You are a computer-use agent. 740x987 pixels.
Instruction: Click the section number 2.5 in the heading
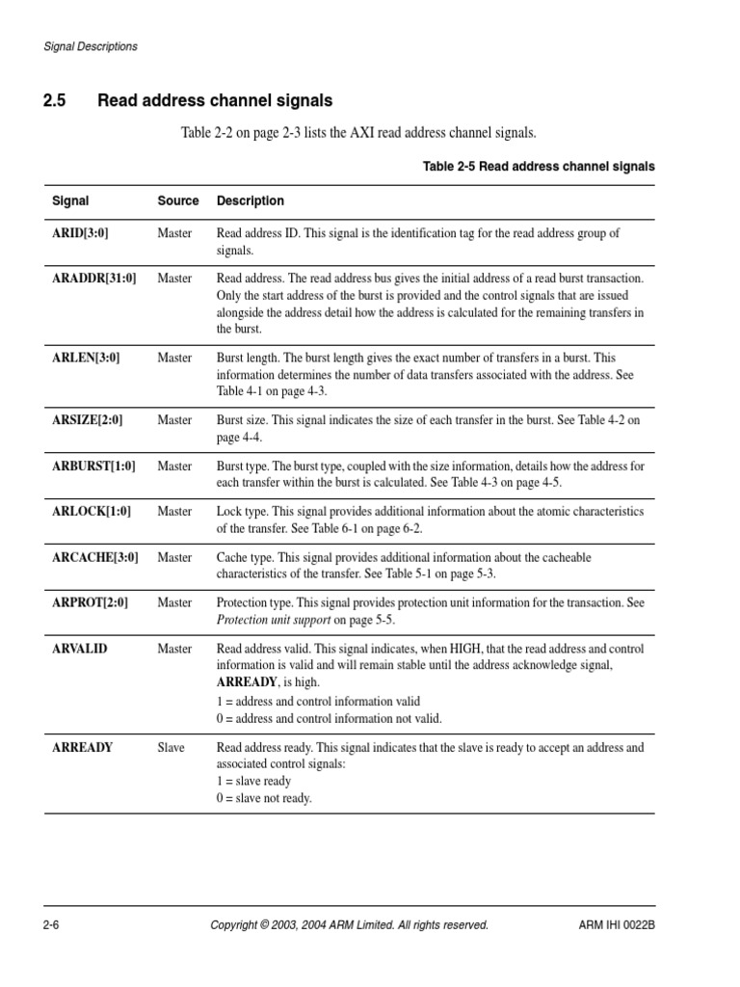(x=54, y=100)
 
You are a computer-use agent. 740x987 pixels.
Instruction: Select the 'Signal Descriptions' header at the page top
(x=91, y=46)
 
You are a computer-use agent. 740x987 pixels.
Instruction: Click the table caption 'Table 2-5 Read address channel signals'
(x=539, y=167)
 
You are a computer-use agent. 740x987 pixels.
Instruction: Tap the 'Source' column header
(x=178, y=201)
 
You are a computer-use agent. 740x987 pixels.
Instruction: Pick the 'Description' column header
(x=251, y=201)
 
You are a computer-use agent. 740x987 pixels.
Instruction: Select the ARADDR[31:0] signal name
(x=93, y=279)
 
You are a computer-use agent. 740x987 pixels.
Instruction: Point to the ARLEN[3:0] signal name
(x=86, y=358)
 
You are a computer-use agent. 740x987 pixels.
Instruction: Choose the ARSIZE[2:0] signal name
(x=87, y=420)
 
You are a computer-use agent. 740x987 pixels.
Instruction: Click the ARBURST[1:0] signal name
(x=93, y=466)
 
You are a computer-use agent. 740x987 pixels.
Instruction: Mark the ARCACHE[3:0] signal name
(x=94, y=557)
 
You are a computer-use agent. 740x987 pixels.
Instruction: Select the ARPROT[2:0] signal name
(x=90, y=602)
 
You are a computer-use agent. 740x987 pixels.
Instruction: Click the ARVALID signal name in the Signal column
(x=79, y=649)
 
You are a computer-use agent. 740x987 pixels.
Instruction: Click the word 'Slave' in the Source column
(x=172, y=747)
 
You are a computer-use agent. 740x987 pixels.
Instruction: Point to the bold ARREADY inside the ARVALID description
(x=247, y=682)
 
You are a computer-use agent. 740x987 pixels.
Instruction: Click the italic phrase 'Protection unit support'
(x=274, y=620)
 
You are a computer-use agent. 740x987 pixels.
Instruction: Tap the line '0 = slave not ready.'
(x=264, y=798)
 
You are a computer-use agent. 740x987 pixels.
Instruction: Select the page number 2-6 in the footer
(x=52, y=925)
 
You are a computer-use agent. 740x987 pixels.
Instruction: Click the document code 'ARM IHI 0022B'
(x=610, y=925)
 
